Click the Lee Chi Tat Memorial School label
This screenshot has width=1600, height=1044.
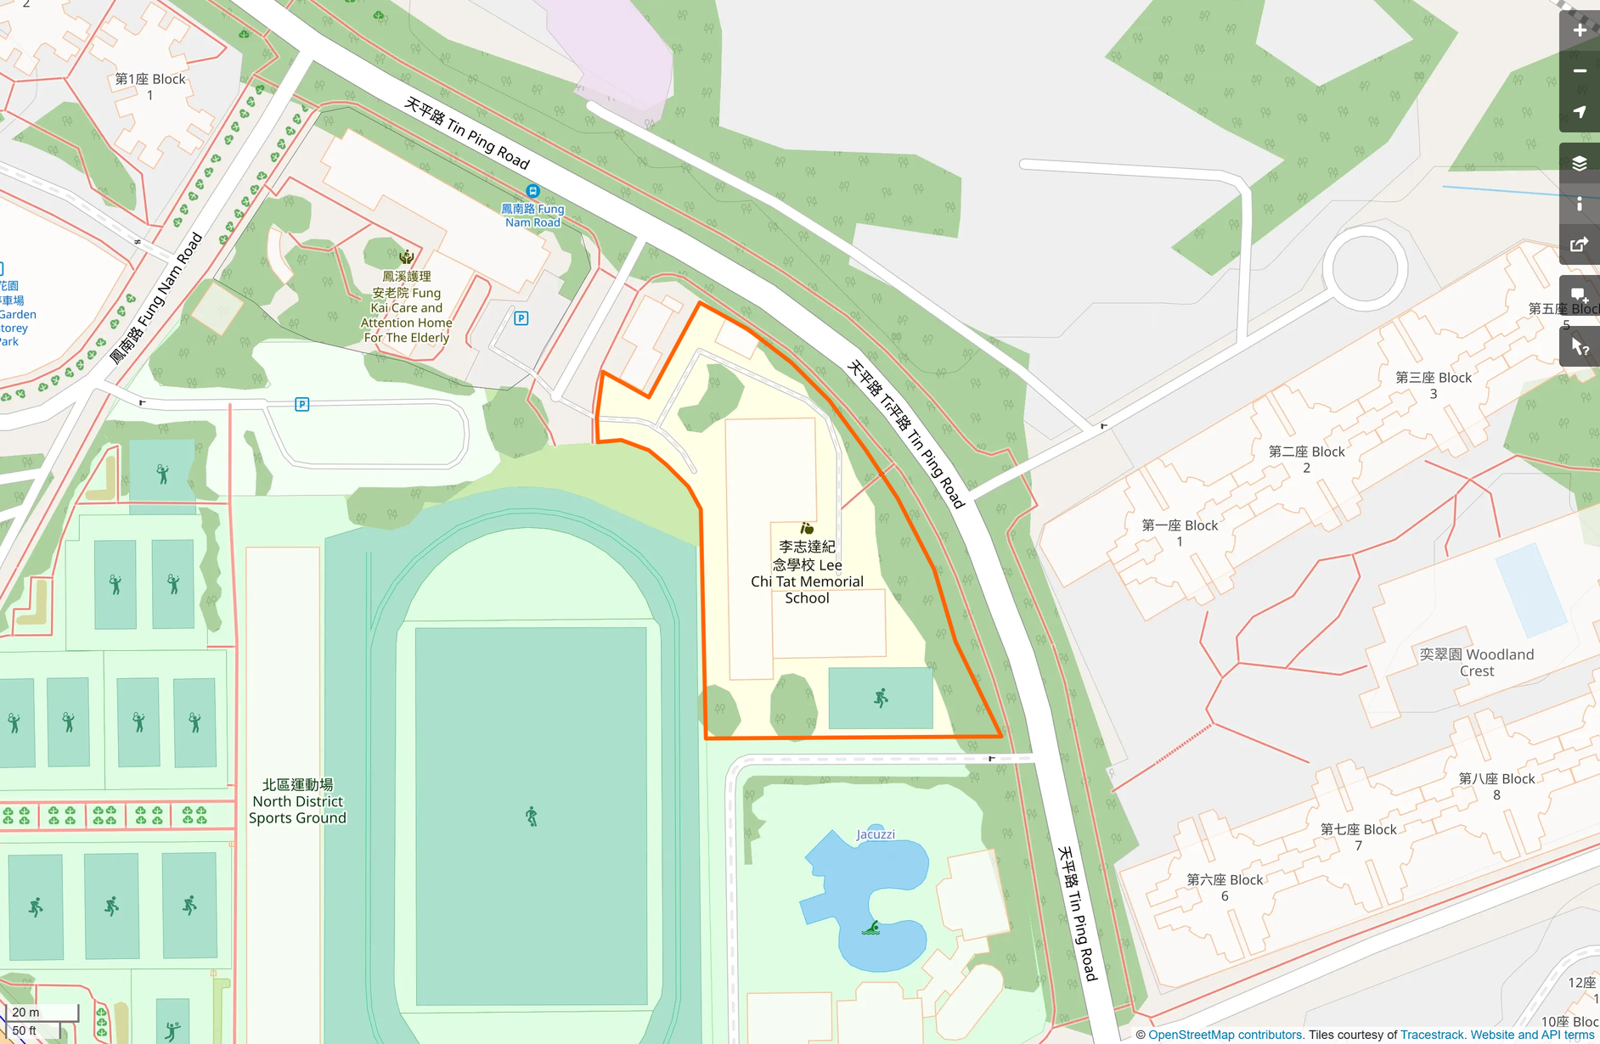point(807,572)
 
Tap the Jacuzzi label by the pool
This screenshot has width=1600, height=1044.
point(875,834)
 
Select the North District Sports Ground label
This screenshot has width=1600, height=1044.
point(297,801)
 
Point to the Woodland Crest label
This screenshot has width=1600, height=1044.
point(1477,662)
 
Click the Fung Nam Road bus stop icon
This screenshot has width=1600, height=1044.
point(532,191)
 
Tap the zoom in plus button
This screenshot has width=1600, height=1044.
point(1579,31)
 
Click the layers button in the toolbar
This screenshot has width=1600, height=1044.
point(1579,163)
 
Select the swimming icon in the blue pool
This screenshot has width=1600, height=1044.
point(871,928)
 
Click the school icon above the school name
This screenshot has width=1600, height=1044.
point(807,528)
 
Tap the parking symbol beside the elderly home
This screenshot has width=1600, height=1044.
point(521,318)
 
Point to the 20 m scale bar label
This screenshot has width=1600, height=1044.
point(25,1012)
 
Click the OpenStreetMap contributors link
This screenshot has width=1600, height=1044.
point(1225,1035)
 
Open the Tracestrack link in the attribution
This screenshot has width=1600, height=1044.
point(1432,1035)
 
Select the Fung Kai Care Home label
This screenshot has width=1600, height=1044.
point(406,306)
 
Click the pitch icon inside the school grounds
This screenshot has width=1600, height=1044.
point(881,698)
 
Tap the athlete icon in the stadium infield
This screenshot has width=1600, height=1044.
point(532,817)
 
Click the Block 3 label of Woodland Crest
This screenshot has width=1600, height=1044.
point(1434,385)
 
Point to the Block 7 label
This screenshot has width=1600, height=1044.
point(1358,837)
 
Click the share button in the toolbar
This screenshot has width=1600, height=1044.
point(1579,245)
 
